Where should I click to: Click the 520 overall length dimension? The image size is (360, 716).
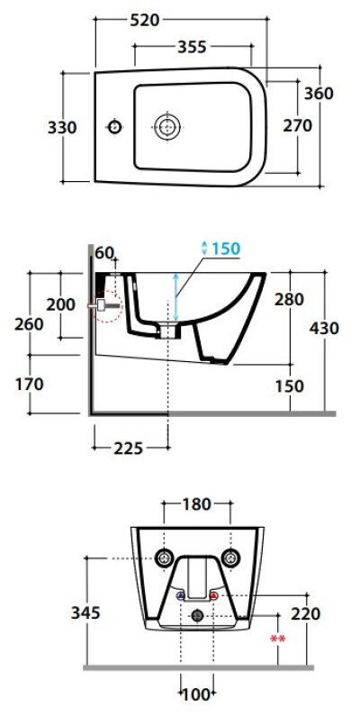coord(145,20)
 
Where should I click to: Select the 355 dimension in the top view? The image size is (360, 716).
coord(192,47)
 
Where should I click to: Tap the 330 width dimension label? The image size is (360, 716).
coord(62,127)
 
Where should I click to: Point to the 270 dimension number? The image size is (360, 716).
coord(298,125)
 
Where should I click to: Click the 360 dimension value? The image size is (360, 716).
coord(319,93)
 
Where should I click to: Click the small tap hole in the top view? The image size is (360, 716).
coord(114,126)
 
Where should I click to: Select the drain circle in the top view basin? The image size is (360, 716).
coord(167,126)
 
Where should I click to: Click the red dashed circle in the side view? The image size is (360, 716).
coord(108,305)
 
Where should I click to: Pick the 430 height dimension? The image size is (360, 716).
coord(324,328)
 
